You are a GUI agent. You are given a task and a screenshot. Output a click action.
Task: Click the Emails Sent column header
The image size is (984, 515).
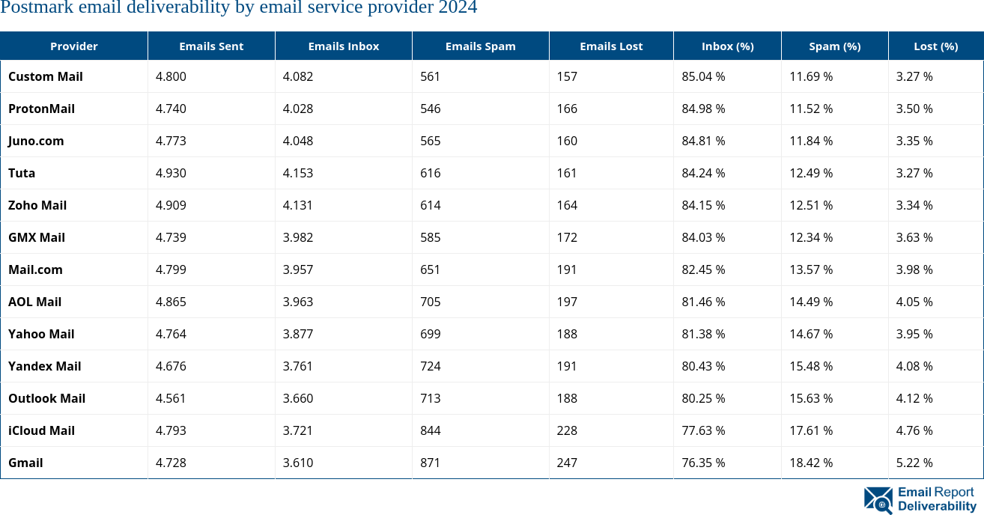tap(211, 46)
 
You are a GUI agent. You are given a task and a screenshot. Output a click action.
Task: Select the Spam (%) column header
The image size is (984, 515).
tap(834, 46)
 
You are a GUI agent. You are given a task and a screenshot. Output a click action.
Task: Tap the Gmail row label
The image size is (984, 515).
tap(25, 463)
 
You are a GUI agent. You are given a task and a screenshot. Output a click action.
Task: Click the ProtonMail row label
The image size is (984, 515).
tap(41, 109)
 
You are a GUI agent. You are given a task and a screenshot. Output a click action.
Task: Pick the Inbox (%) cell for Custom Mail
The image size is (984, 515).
tap(703, 77)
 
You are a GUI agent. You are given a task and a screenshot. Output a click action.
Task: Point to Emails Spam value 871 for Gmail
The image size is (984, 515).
tap(431, 463)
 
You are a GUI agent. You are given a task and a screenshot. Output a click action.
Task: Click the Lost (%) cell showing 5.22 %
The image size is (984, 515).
tap(914, 463)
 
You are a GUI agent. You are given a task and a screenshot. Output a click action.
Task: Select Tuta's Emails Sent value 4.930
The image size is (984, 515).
tap(171, 174)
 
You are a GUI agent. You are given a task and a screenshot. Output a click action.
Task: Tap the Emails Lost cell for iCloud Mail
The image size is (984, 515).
tap(567, 431)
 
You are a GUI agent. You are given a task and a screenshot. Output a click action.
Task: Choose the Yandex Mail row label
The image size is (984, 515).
tap(44, 367)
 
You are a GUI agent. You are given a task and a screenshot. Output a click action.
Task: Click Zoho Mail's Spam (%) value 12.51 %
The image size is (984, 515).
tap(811, 206)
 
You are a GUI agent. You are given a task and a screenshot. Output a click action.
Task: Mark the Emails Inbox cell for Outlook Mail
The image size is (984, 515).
tap(298, 399)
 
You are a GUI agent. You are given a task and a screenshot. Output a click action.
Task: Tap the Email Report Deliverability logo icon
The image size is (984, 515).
tap(878, 500)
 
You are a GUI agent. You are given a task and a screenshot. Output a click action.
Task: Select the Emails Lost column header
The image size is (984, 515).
tap(611, 46)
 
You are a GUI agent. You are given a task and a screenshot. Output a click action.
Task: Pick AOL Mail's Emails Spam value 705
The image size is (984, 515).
tap(431, 302)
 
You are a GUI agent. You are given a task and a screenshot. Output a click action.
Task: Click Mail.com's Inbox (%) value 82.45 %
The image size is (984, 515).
tap(703, 270)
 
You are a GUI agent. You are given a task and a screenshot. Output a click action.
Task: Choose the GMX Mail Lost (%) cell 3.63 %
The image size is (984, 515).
tap(914, 238)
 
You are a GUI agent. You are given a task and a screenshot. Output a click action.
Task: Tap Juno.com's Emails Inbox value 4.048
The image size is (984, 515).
tap(298, 141)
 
